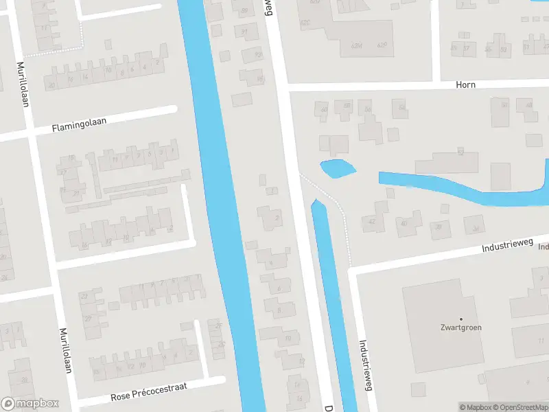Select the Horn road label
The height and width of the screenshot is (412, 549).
click(x=465, y=84)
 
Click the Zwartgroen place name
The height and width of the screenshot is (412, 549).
click(x=460, y=328)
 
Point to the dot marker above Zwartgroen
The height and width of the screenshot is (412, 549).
click(x=460, y=319)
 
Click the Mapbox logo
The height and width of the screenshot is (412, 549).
click(x=30, y=404)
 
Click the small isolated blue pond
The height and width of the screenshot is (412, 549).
click(x=337, y=168)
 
